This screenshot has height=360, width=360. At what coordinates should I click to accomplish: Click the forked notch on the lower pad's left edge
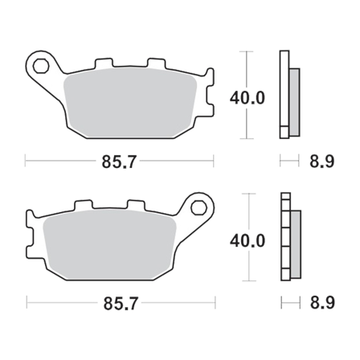[30, 242]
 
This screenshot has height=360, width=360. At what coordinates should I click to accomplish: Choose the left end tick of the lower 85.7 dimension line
[26, 303]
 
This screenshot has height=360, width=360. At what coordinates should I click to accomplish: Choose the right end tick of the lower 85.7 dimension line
[215, 303]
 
